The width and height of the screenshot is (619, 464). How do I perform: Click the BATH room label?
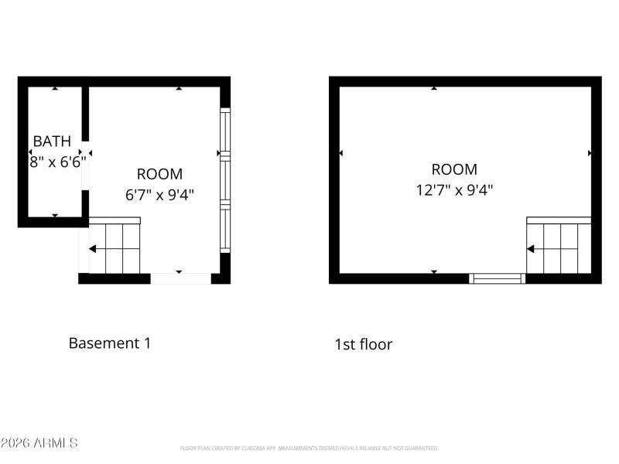[52, 142]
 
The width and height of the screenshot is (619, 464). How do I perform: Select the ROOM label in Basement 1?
[159, 174]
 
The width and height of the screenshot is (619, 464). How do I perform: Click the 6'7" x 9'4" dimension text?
[159, 194]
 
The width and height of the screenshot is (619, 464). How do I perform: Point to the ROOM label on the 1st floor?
[454, 169]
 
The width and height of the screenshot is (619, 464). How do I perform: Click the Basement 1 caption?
[110, 343]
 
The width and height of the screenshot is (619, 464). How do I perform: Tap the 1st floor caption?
[363, 344]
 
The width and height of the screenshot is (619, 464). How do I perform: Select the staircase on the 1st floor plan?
[559, 247]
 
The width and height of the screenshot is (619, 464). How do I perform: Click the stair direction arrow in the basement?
[93, 249]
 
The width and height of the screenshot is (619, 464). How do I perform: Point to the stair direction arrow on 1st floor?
[532, 249]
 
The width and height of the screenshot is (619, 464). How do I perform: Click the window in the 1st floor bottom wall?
[498, 278]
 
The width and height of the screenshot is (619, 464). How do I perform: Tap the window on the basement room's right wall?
[225, 180]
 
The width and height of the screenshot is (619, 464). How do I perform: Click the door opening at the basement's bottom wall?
[180, 278]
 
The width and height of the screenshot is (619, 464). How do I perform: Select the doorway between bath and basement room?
[85, 162]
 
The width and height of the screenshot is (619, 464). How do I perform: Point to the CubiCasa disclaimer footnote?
[309, 448]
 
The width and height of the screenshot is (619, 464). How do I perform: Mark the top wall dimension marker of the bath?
[54, 88]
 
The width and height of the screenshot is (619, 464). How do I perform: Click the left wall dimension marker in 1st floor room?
[341, 154]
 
